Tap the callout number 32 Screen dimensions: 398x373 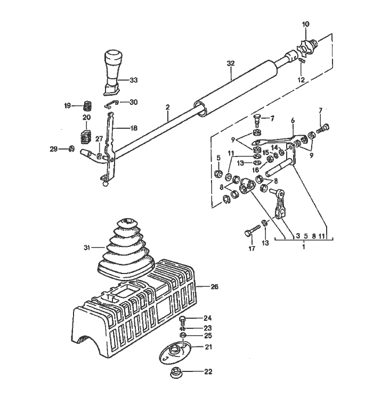coord(230,63)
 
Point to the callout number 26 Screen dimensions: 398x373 coord(214,287)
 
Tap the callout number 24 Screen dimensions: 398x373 coord(207,318)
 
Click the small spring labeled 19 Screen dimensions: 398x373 coord(90,105)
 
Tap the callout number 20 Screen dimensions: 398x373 coord(86,117)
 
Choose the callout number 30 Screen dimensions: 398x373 coord(133,102)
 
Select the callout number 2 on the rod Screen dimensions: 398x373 coord(167,107)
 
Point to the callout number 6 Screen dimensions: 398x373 coord(292,121)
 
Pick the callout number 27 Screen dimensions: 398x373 coord(99,139)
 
